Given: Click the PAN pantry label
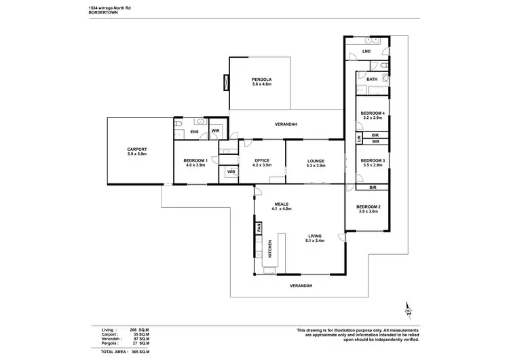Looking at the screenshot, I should [259, 229].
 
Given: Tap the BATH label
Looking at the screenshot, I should [372, 79].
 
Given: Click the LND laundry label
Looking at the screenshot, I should [366, 51].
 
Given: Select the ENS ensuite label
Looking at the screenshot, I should [194, 132].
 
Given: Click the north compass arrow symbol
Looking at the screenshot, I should [409, 310].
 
